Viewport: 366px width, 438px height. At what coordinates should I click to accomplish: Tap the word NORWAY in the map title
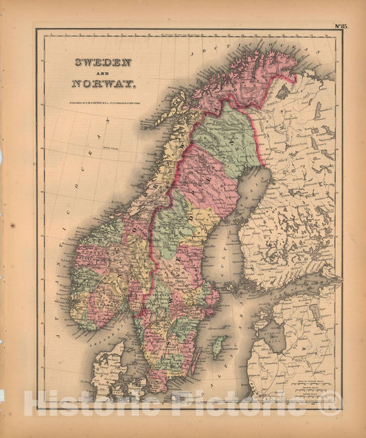click(x=104, y=85)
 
